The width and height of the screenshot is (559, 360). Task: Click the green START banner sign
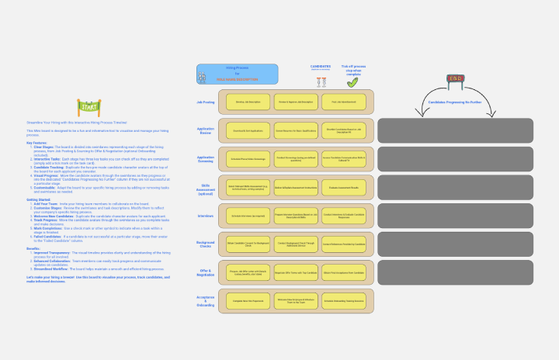pos(87,106)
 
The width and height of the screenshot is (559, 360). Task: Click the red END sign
pos(456,78)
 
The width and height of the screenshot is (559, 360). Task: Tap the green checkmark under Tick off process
pos(352,81)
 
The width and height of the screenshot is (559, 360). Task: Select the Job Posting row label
pos(206,102)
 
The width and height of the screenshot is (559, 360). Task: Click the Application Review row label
pos(206,130)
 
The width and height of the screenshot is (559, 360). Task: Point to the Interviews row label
pos(206,216)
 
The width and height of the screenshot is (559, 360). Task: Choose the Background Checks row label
pos(206,245)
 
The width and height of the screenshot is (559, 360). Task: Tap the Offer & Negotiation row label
pos(206,274)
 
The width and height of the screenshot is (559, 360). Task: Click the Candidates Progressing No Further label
pos(456,102)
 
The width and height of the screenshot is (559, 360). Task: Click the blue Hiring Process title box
pos(236,74)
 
